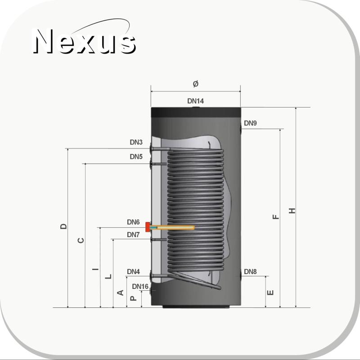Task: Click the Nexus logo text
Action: pyautogui.click(x=85, y=41)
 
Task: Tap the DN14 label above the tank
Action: pyautogui.click(x=195, y=101)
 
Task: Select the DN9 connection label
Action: pyautogui.click(x=250, y=123)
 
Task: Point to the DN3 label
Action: pyautogui.click(x=136, y=142)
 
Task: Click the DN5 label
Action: pyautogui.click(x=136, y=157)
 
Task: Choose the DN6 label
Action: pyautogui.click(x=133, y=222)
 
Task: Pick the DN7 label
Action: pyautogui.click(x=133, y=234)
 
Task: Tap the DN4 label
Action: pyautogui.click(x=133, y=272)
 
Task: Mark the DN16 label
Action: pyautogui.click(x=140, y=287)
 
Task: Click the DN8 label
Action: pyautogui.click(x=250, y=272)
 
